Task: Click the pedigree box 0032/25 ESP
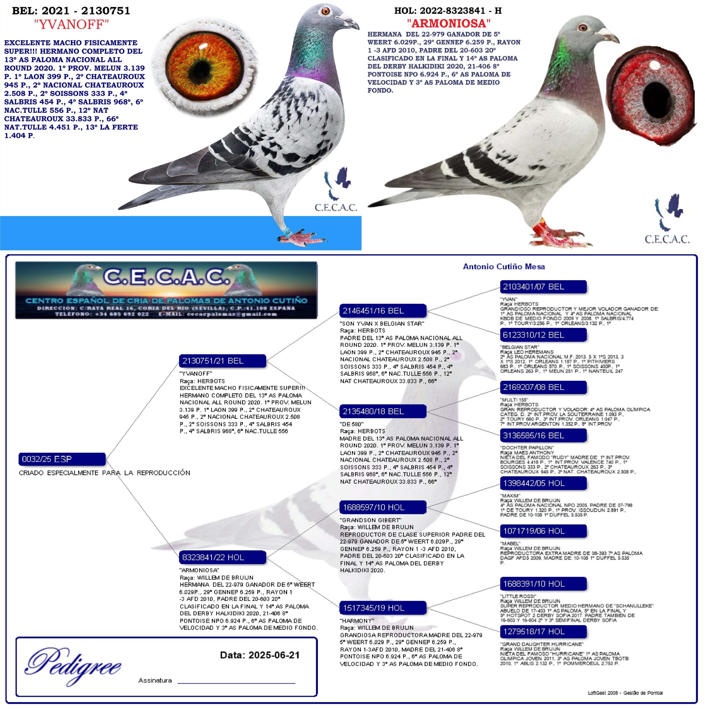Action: point(62,459)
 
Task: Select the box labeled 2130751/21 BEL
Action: point(222,361)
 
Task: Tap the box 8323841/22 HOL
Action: point(222,558)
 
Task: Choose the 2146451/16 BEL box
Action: point(383,311)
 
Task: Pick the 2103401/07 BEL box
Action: point(543,287)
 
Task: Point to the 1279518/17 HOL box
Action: point(543,631)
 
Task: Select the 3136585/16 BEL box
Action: point(543,436)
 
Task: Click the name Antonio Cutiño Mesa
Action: point(503,267)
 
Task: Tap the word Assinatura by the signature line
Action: point(155,680)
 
